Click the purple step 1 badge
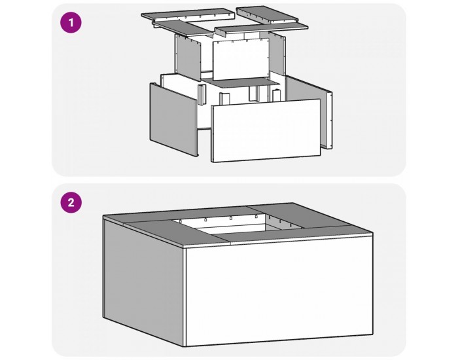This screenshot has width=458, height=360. [x=71, y=23]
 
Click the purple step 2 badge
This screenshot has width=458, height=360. [x=71, y=203]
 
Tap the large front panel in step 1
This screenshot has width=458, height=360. [x=265, y=131]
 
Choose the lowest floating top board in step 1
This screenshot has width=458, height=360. [x=262, y=29]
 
